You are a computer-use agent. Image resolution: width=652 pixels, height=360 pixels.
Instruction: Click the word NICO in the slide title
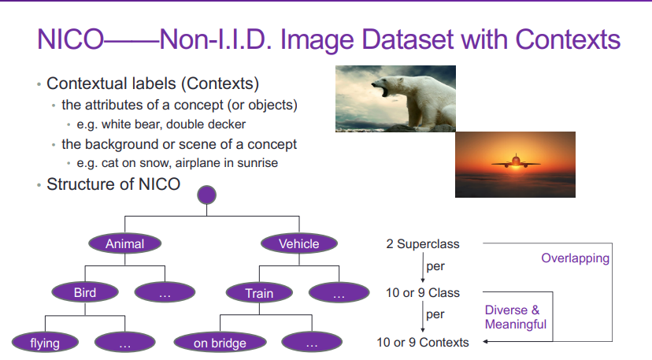70,40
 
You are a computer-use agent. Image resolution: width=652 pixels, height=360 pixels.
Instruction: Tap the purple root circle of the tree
206,195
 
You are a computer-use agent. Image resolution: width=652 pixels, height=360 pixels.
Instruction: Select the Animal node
124,243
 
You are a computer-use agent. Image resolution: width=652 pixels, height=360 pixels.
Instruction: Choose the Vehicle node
299,243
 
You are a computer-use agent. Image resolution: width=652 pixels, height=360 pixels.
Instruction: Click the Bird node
85,292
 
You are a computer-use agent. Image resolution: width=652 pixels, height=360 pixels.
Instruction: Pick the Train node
259,293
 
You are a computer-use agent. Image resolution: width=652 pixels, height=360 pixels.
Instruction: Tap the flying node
45,343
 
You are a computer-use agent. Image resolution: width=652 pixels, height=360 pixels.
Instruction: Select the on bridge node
220,343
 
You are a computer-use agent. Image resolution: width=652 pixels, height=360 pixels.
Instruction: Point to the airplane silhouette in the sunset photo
516,161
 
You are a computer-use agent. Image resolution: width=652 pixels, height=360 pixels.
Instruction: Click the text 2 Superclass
423,244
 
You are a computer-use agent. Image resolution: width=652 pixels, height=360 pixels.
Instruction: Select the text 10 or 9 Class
423,293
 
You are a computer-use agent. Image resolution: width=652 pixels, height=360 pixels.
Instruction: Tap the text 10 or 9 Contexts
423,342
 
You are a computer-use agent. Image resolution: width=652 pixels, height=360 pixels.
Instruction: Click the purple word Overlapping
575,258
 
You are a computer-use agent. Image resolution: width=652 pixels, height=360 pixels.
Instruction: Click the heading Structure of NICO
113,184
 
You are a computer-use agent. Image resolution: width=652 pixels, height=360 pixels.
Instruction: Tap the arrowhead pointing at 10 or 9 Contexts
485,342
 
